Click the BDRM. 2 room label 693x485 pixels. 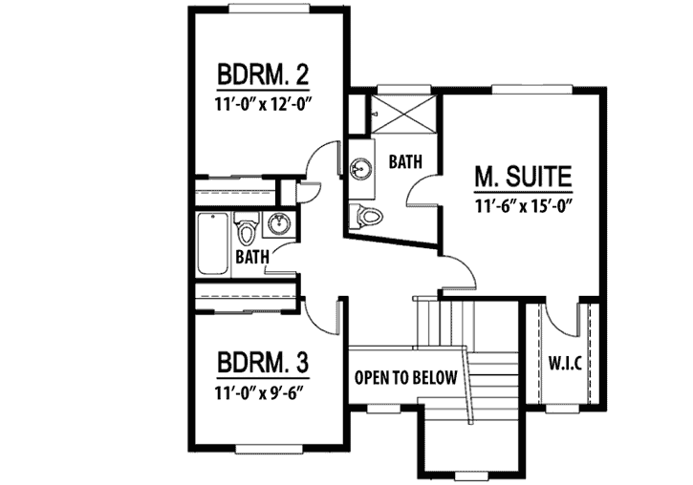[263, 74]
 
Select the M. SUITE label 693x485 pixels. [523, 178]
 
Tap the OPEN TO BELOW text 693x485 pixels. [406, 377]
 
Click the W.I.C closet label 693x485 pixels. [566, 365]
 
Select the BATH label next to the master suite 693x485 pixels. [405, 162]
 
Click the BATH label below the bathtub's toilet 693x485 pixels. [251, 256]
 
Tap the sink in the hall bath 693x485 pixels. [279, 225]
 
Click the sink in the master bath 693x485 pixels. [359, 170]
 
